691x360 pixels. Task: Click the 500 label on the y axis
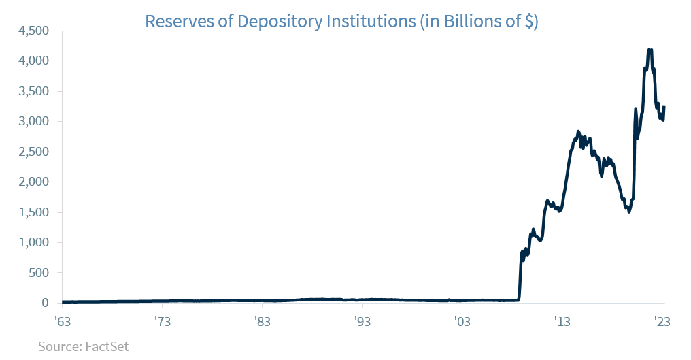39,273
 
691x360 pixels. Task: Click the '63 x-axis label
62,321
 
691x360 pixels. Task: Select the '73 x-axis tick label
162,321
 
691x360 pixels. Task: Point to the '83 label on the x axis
262,321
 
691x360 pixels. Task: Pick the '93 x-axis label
362,321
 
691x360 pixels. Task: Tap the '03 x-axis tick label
462,321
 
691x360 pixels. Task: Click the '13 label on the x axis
562,321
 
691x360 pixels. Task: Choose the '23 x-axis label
662,321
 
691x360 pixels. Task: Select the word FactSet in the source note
106,346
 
